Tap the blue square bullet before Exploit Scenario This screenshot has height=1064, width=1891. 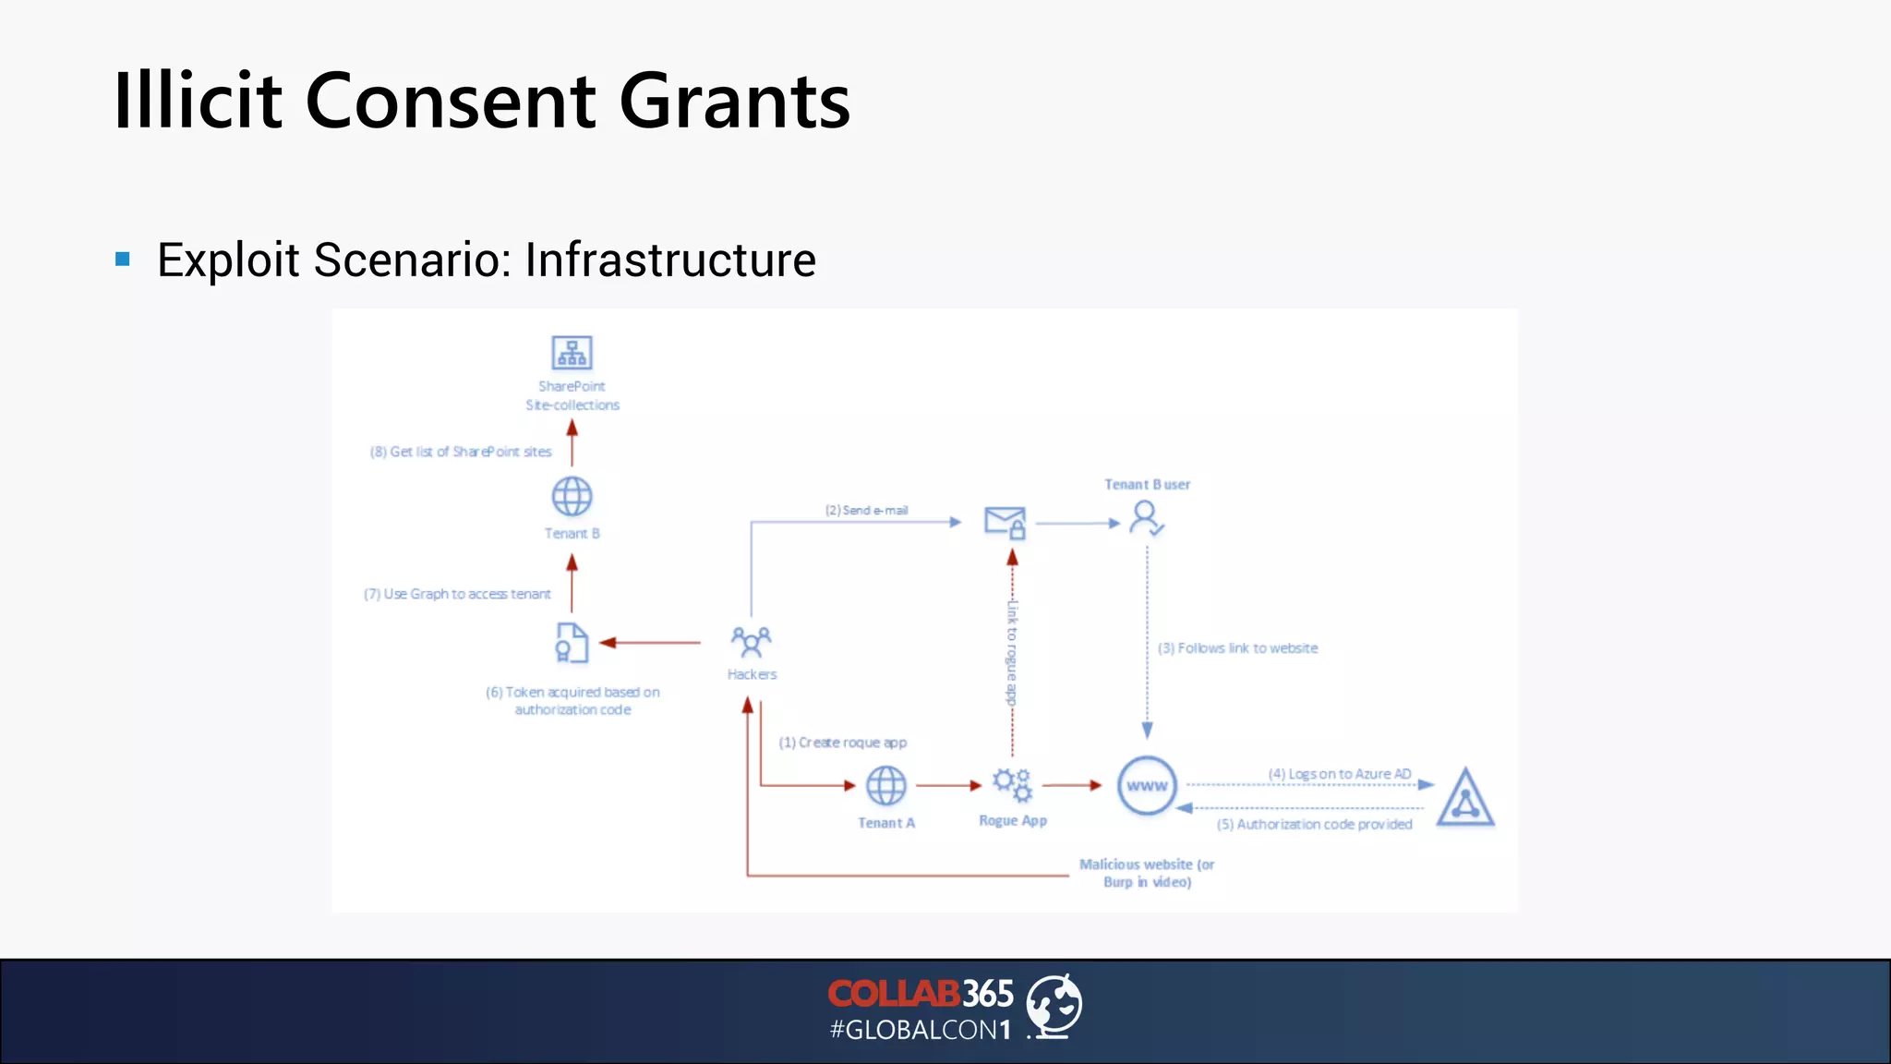point(123,260)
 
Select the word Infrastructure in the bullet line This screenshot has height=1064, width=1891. point(670,260)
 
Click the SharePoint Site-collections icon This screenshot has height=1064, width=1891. point(572,353)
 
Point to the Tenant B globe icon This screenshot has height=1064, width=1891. point(572,497)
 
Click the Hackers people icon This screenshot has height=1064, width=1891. point(751,641)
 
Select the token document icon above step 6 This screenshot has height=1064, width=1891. point(572,643)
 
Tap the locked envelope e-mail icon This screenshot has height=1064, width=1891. point(1005,523)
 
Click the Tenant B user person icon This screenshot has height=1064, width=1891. point(1146,518)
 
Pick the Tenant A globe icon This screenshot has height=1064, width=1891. point(885,786)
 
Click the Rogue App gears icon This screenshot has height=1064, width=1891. point(1012,785)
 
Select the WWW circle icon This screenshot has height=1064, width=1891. point(1147,786)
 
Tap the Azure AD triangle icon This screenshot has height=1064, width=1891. point(1464,798)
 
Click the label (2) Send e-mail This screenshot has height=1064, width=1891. point(866,510)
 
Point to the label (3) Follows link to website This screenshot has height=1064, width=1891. point(1237,648)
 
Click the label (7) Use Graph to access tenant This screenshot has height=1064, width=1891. point(457,594)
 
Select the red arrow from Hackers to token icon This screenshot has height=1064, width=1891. point(651,643)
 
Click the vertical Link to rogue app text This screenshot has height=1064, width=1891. point(1012,652)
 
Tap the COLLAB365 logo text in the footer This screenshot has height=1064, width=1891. point(920,995)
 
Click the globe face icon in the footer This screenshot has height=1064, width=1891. point(1054,1005)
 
